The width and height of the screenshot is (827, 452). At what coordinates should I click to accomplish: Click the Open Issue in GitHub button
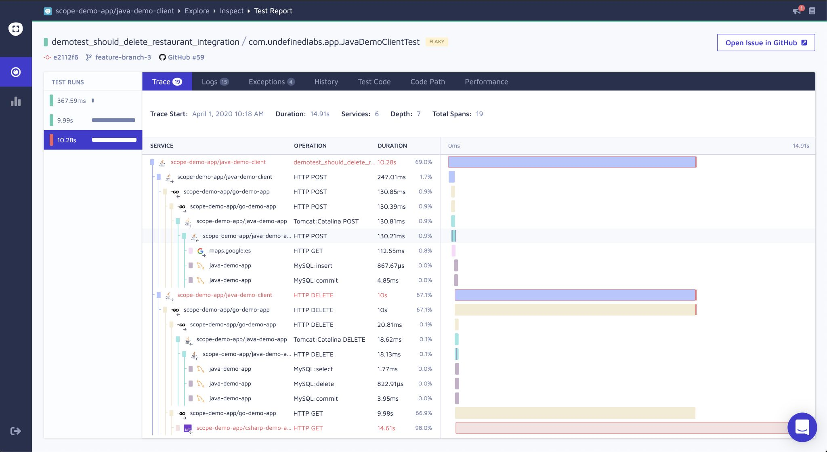click(x=766, y=43)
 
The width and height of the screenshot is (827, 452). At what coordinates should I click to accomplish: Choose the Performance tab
click(x=486, y=82)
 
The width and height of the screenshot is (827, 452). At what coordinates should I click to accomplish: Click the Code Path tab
click(x=428, y=82)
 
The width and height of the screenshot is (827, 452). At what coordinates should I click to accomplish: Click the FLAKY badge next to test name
click(x=437, y=42)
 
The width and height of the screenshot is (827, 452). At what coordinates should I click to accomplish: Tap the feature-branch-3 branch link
click(x=123, y=57)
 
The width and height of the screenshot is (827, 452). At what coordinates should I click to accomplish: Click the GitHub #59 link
click(x=186, y=57)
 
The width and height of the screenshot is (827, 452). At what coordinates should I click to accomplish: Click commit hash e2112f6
click(x=65, y=57)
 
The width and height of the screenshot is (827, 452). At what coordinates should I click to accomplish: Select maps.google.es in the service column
click(x=230, y=251)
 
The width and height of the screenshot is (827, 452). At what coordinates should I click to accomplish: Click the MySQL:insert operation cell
click(x=313, y=266)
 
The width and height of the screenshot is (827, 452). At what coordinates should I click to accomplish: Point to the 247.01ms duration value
click(x=391, y=177)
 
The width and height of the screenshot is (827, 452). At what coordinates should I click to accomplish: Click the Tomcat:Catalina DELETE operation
click(x=329, y=340)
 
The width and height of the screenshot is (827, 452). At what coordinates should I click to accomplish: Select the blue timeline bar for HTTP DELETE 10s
click(x=574, y=295)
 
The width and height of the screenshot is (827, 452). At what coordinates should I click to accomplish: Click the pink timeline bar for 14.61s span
click(x=618, y=428)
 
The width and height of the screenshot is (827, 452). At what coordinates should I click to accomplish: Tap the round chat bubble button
click(x=802, y=427)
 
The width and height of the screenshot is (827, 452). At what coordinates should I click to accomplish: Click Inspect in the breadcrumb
click(x=231, y=11)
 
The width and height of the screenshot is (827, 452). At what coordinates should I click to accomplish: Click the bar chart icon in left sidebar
click(x=16, y=101)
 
